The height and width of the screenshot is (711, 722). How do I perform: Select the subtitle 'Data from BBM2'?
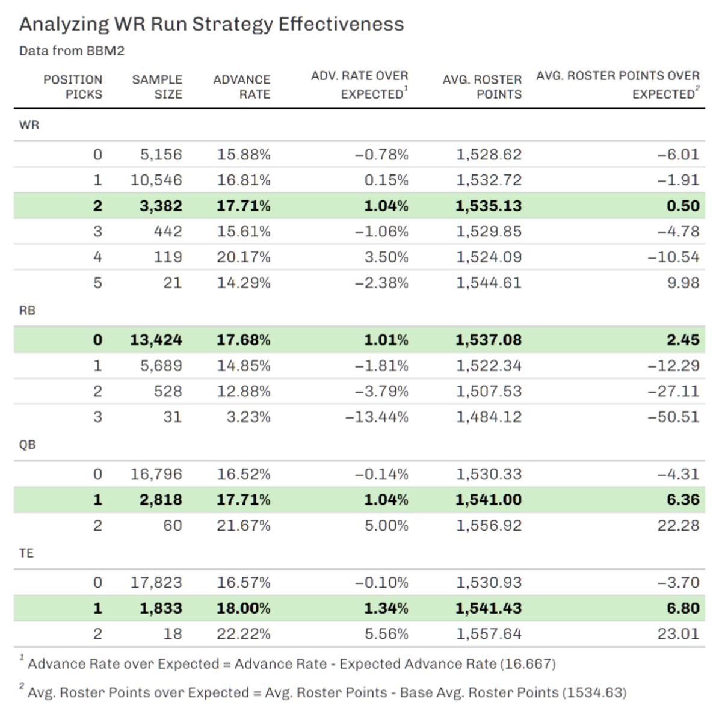pos(72,51)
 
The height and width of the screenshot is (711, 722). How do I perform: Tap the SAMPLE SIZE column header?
pos(157,87)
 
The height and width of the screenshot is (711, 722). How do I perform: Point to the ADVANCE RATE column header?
pos(241,87)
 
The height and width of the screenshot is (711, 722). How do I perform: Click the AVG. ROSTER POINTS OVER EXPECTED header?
pos(618,84)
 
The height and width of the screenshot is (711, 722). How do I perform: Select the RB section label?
pos(28,310)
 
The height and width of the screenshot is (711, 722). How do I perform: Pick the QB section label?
pos(28,445)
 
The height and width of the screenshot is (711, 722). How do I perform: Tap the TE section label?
pos(26,553)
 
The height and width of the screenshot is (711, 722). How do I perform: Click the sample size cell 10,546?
pos(156,180)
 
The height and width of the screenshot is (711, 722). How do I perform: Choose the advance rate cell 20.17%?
pos(244,257)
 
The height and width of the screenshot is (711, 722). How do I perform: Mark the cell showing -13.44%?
pos(377,417)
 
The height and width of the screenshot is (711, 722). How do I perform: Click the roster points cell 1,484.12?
pos(489,417)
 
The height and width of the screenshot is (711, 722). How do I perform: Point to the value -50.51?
pos(673,417)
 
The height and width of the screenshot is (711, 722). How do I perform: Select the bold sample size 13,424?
pos(156,340)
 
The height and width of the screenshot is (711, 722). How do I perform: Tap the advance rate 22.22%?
pos(244,634)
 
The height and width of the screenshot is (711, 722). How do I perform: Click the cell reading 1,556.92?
pos(489,525)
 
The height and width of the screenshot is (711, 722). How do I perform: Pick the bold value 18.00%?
pos(244,608)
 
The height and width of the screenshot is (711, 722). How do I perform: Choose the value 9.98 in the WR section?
pos(683,283)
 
